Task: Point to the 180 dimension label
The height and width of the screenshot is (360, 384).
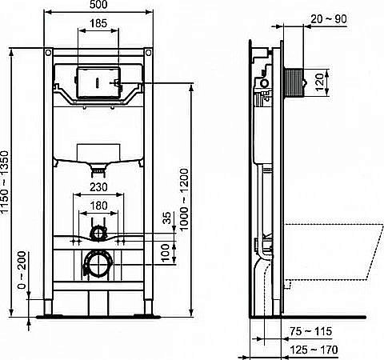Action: point(97,206)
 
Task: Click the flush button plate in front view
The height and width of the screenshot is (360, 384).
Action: point(97,82)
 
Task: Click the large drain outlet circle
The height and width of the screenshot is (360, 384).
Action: point(97,263)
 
